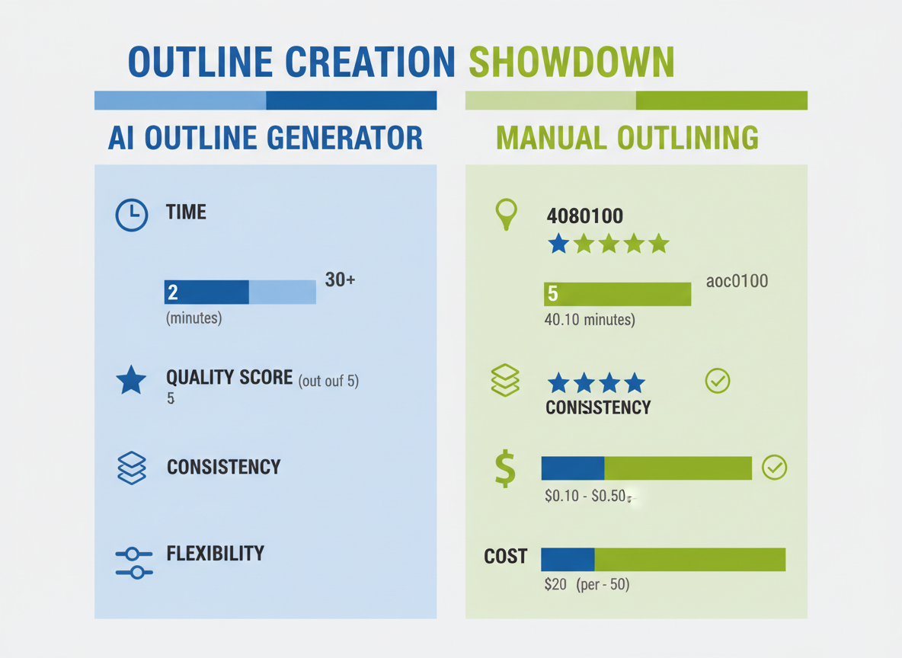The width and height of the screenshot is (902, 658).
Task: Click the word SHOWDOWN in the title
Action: (x=571, y=62)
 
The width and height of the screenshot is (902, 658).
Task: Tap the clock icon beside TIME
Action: (x=132, y=216)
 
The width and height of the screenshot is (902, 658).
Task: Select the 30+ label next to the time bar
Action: (x=340, y=279)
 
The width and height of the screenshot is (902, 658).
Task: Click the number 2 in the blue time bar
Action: (x=173, y=292)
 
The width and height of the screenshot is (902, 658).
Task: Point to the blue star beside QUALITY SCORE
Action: (x=131, y=380)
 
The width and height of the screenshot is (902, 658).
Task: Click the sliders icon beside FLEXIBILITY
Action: (x=133, y=563)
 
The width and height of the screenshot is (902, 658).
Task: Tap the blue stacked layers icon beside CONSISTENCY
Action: (x=132, y=468)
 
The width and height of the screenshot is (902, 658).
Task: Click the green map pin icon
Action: (x=506, y=213)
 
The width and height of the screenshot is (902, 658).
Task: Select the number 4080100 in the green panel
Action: (x=584, y=216)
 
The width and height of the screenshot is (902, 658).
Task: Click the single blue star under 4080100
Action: (x=559, y=244)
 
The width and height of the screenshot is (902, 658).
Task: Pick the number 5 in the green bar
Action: (x=552, y=295)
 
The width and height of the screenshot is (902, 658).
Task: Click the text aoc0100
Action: (x=737, y=281)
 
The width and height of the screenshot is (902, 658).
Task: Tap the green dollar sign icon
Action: (x=504, y=468)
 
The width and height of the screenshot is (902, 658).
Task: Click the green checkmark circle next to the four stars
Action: (x=718, y=381)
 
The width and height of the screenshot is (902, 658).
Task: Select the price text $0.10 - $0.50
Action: (x=585, y=497)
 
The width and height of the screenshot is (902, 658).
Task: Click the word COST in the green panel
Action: (x=505, y=557)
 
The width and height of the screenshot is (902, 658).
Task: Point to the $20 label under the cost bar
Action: (x=555, y=586)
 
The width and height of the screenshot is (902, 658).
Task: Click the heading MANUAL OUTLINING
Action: (x=627, y=138)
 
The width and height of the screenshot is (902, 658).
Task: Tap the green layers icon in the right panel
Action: (x=506, y=380)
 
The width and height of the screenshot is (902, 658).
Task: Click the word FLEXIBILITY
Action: (x=215, y=554)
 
